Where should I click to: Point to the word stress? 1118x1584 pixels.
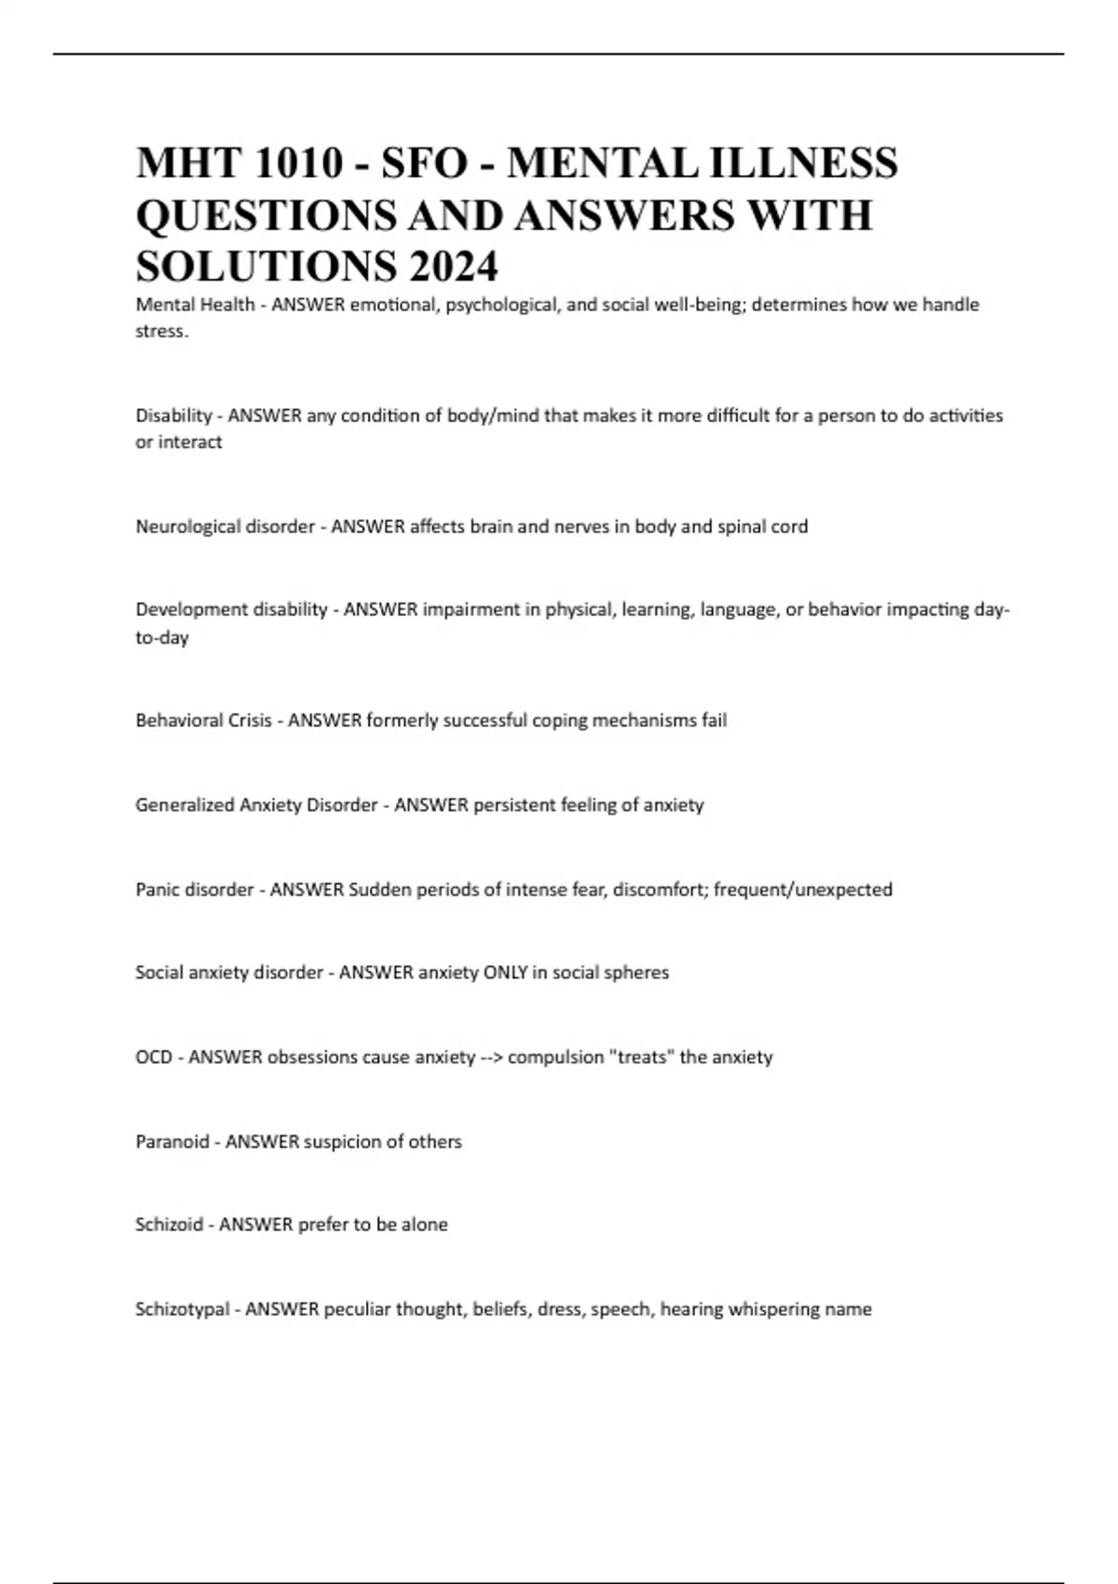point(161,332)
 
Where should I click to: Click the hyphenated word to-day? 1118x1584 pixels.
point(162,638)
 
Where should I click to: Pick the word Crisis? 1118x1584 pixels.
point(247,720)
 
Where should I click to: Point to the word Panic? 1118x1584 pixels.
point(157,890)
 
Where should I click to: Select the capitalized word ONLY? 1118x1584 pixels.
point(505,973)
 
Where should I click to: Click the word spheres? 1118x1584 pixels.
point(636,973)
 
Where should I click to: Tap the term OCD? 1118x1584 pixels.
point(154,1058)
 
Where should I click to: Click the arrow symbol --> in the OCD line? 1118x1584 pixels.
point(491,1058)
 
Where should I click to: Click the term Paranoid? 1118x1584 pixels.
point(172,1141)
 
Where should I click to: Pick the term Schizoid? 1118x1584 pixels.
point(169,1224)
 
